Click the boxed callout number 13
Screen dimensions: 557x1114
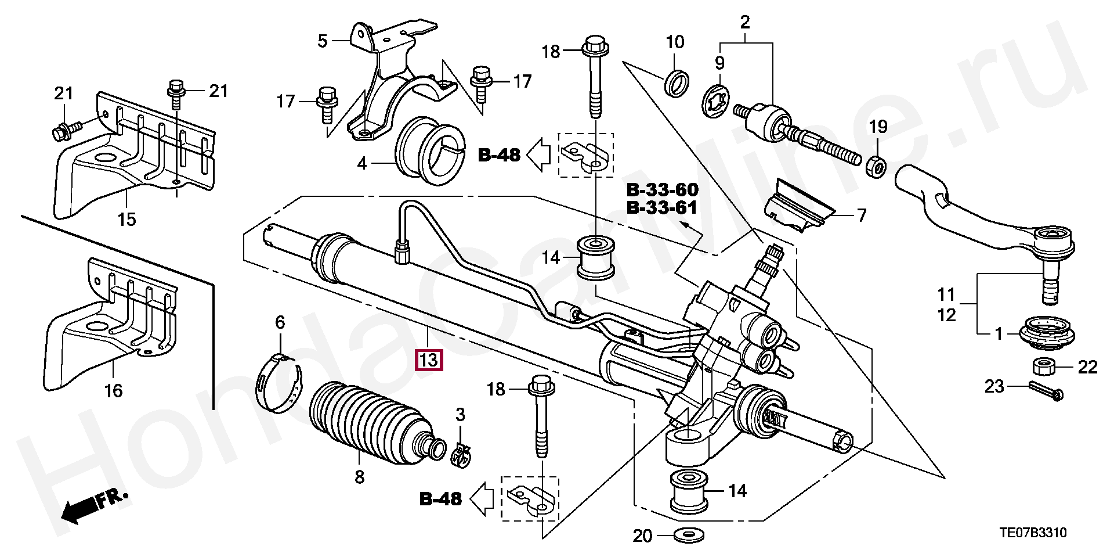tap(428, 360)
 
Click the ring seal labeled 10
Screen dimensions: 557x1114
tap(677, 82)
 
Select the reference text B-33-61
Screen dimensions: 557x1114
tap(662, 207)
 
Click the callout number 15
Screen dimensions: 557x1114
tap(126, 220)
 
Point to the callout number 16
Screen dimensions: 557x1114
tap(113, 390)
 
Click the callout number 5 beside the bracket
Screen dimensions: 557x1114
tap(323, 41)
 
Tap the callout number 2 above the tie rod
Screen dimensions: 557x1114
tap(745, 23)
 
